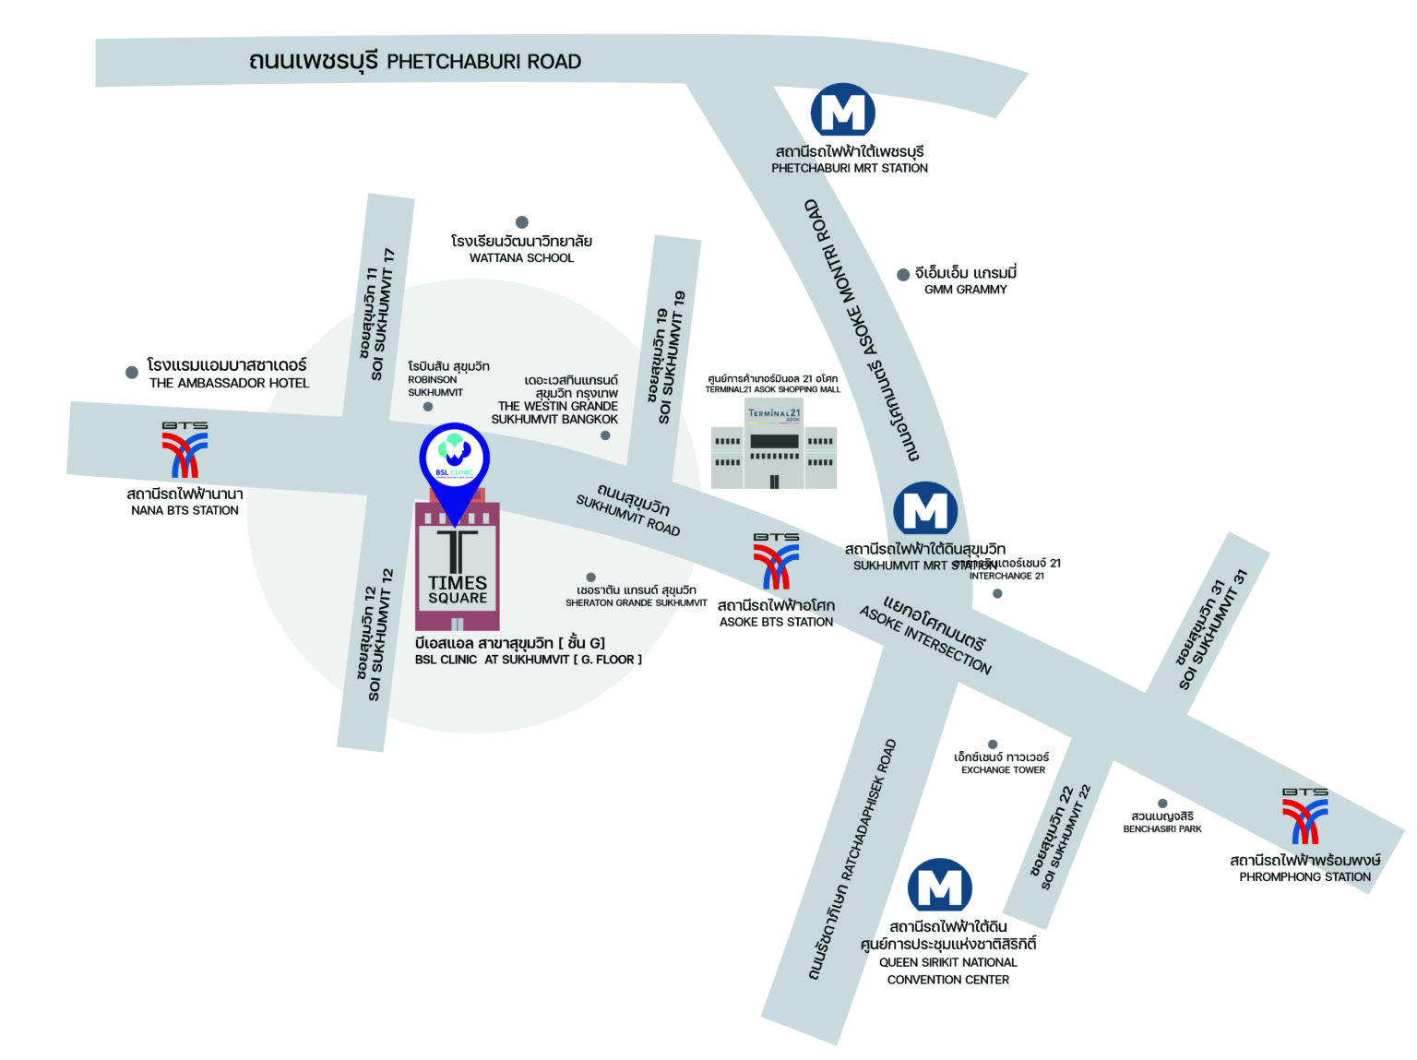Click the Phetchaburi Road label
(414, 62)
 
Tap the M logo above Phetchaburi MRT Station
(842, 111)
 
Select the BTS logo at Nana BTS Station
(185, 451)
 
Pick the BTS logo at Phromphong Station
(1304, 816)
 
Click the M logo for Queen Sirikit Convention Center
(939, 887)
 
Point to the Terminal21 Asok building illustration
(774, 447)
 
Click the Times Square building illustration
(458, 566)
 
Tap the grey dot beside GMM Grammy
(903, 275)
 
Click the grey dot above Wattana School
(521, 222)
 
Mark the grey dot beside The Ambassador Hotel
(132, 373)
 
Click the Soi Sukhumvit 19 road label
(671, 358)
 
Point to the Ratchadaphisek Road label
(851, 860)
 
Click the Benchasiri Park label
(1162, 822)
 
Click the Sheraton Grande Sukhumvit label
(636, 596)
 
